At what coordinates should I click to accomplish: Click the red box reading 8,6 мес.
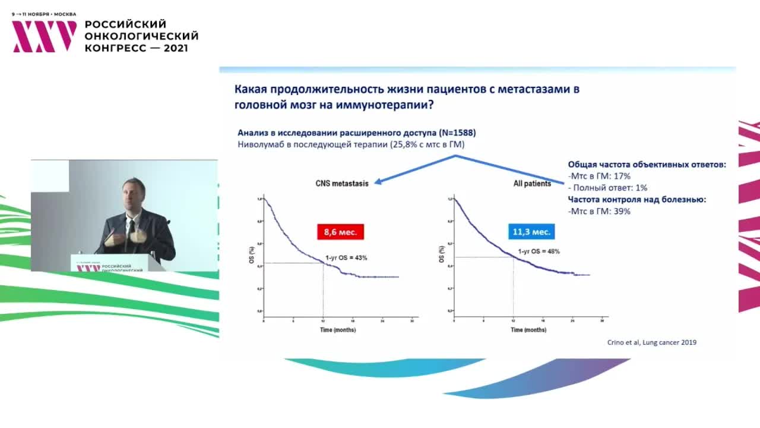pyautogui.click(x=340, y=232)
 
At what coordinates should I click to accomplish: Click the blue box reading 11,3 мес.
pyautogui.click(x=531, y=232)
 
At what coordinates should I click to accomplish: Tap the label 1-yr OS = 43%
pyautogui.click(x=346, y=258)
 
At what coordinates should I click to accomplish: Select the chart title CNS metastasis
pyautogui.click(x=341, y=184)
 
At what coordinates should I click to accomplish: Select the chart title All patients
pyautogui.click(x=532, y=184)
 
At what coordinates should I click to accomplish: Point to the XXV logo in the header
pyautogui.click(x=45, y=36)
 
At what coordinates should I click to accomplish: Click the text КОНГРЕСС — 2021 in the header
pyautogui.click(x=137, y=48)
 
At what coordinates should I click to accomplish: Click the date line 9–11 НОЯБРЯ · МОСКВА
pyautogui.click(x=44, y=14)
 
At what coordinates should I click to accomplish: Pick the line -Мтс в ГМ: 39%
pyautogui.click(x=599, y=211)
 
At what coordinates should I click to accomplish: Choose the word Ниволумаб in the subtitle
pyautogui.click(x=259, y=144)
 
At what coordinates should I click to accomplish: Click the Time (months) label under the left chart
pyautogui.click(x=338, y=329)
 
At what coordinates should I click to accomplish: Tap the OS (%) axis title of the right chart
pyautogui.click(x=441, y=256)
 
